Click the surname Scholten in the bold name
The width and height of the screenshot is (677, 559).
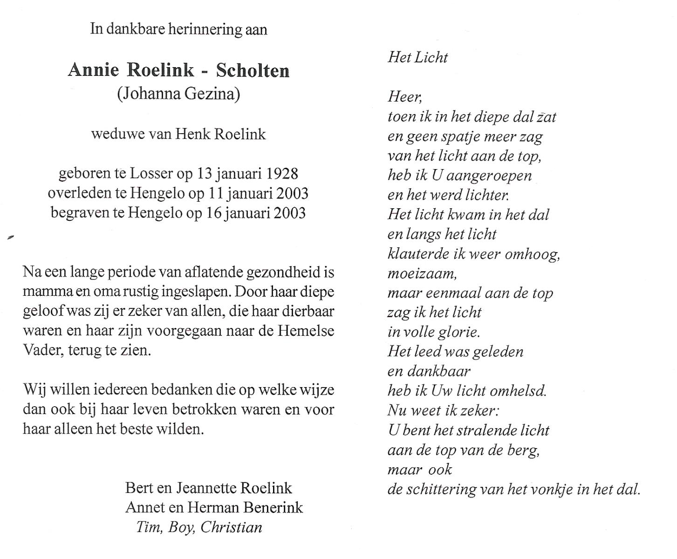click(x=253, y=70)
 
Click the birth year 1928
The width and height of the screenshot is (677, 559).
click(x=282, y=174)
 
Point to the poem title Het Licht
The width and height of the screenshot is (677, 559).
click(x=417, y=57)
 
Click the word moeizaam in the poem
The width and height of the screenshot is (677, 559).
click(x=422, y=273)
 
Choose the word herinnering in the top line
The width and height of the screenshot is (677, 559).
click(x=205, y=29)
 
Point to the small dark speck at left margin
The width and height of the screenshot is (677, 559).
click(x=11, y=238)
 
